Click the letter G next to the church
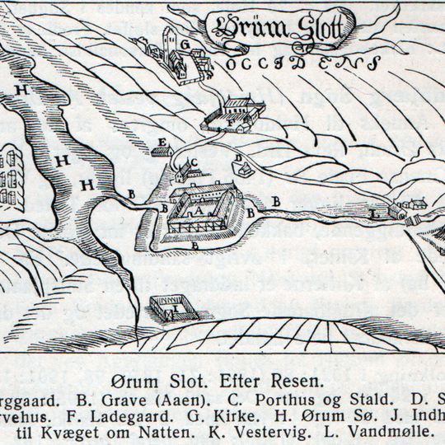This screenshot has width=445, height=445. click(x=186, y=43)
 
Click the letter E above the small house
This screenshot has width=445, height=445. click(x=161, y=143)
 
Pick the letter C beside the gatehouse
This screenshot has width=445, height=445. click(x=194, y=162)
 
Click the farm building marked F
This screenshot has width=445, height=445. click(x=233, y=115)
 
